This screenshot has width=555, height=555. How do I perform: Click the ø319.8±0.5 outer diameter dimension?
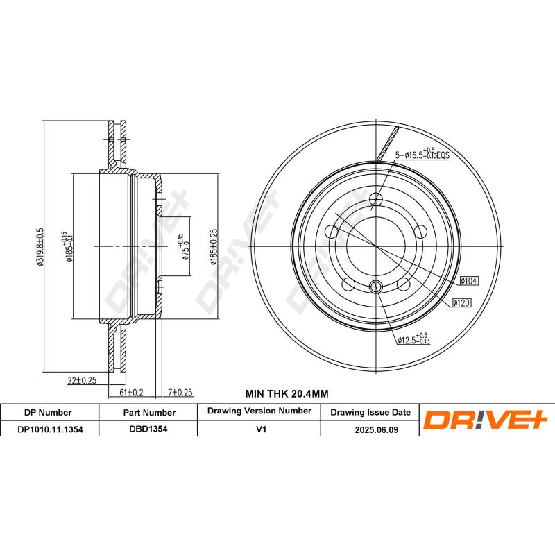[x=40, y=247]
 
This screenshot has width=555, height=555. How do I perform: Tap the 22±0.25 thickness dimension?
[x=82, y=380]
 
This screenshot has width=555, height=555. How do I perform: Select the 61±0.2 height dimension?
[x=131, y=393]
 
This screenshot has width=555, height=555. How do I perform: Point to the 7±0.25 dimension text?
[x=180, y=393]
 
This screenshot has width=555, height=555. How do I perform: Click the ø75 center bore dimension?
[x=184, y=247]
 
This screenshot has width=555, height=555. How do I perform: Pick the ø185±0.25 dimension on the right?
[x=214, y=247]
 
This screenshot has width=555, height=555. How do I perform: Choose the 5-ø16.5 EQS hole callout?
[x=422, y=153]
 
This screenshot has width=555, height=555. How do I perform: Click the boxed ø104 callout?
[x=470, y=281]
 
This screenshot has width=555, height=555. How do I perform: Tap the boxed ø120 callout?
[x=462, y=302]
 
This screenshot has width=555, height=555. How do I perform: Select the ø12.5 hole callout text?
[x=413, y=339]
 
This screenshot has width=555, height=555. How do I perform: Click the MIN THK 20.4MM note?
[x=287, y=393]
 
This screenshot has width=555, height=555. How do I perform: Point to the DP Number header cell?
[x=48, y=412]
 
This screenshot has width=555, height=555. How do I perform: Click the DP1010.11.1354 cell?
[x=50, y=429]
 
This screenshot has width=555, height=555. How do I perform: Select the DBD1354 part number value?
[x=148, y=429]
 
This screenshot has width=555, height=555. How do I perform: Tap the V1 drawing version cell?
[x=261, y=429]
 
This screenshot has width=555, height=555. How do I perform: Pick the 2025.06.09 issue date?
[x=377, y=429]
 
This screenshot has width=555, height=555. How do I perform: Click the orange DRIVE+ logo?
[x=486, y=420]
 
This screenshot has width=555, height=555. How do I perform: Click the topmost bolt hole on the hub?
[x=376, y=199]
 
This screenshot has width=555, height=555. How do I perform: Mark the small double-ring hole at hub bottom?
[x=376, y=286]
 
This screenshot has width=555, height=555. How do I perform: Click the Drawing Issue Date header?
[x=370, y=412]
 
